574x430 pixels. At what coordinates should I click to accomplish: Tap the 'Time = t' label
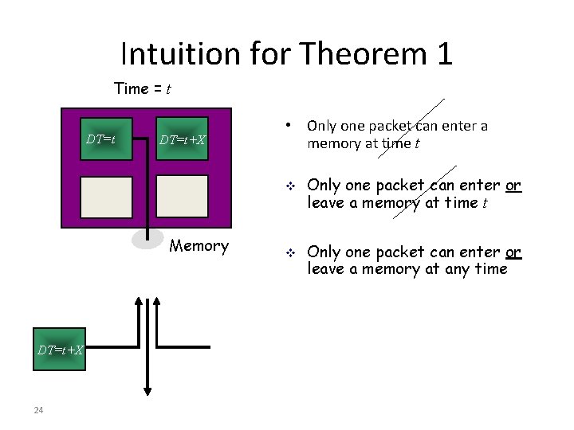click(143, 88)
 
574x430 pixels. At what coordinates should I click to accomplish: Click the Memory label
click(199, 246)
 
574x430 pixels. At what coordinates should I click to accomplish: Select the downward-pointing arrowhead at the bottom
click(148, 389)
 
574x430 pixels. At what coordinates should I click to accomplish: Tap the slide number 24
click(37, 410)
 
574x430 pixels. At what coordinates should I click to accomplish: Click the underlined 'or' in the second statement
click(513, 186)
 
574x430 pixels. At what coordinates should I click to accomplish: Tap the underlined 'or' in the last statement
click(513, 252)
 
